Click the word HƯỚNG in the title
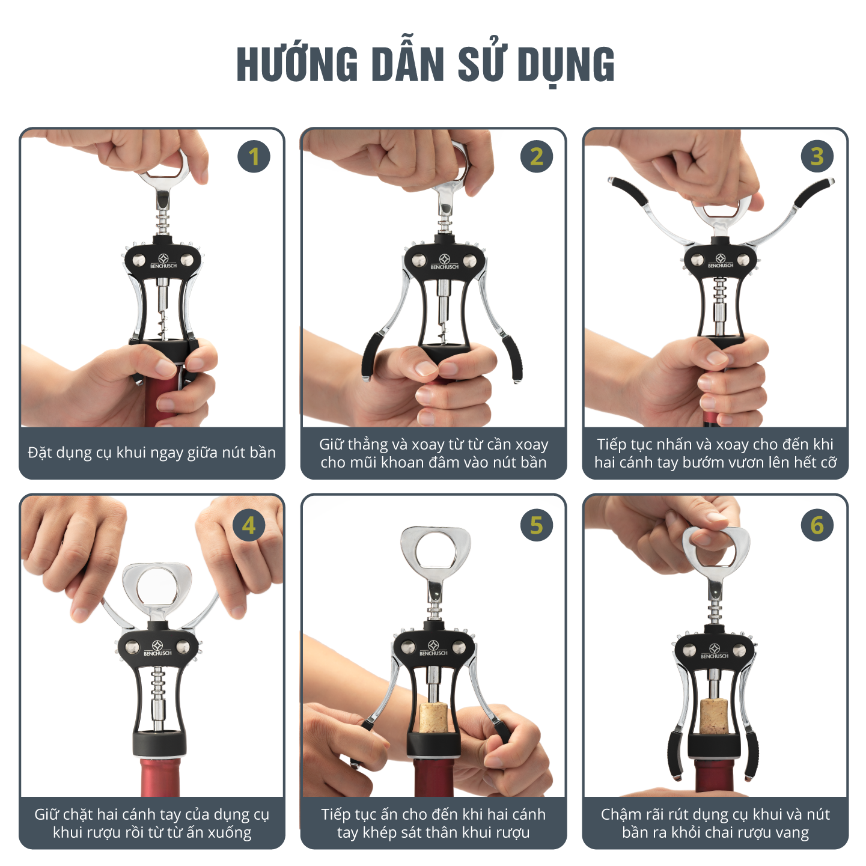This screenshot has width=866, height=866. click(x=297, y=64)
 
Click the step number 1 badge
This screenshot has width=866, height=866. click(x=254, y=156)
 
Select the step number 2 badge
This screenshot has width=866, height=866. click(x=537, y=156)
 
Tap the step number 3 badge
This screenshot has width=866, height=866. click(x=817, y=156)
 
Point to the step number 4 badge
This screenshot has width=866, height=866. click(x=249, y=525)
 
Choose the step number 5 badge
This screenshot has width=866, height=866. click(x=537, y=525)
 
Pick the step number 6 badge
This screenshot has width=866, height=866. click(x=817, y=525)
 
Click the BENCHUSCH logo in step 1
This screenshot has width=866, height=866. click(x=163, y=261)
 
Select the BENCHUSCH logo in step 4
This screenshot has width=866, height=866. click(x=157, y=648)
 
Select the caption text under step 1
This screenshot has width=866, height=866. click(x=152, y=452)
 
